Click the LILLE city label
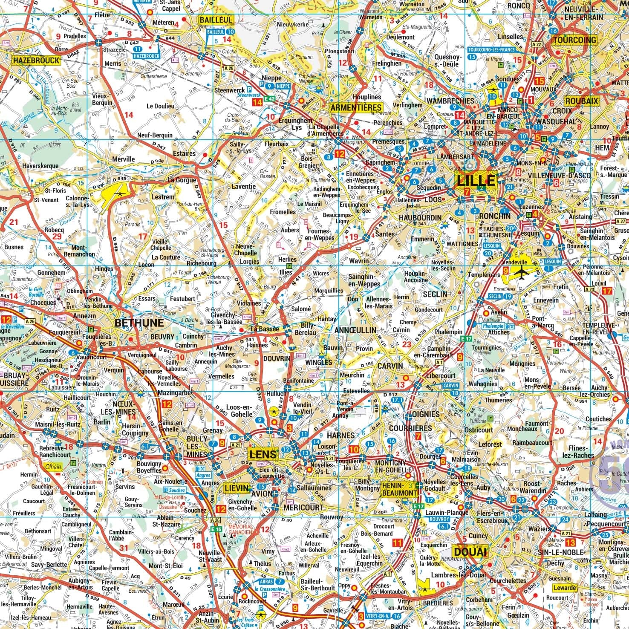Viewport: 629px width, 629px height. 476,180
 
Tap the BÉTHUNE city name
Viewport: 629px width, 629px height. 139,323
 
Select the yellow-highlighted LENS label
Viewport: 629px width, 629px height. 264,454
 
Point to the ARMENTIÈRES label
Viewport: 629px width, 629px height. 356,107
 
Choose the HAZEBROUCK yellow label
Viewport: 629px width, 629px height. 36,61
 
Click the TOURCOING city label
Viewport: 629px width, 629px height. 574,40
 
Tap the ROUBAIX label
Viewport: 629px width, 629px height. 582,101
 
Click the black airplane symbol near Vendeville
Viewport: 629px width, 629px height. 521,271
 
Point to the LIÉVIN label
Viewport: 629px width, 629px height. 237,489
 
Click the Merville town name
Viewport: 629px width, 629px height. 123,159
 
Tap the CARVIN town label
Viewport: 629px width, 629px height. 390,366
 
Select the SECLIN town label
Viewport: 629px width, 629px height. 435,294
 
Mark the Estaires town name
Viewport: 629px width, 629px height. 184,153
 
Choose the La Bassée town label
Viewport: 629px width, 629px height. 264,329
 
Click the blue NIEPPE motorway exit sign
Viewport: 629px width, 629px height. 283,86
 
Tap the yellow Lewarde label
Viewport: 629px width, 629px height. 565,588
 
